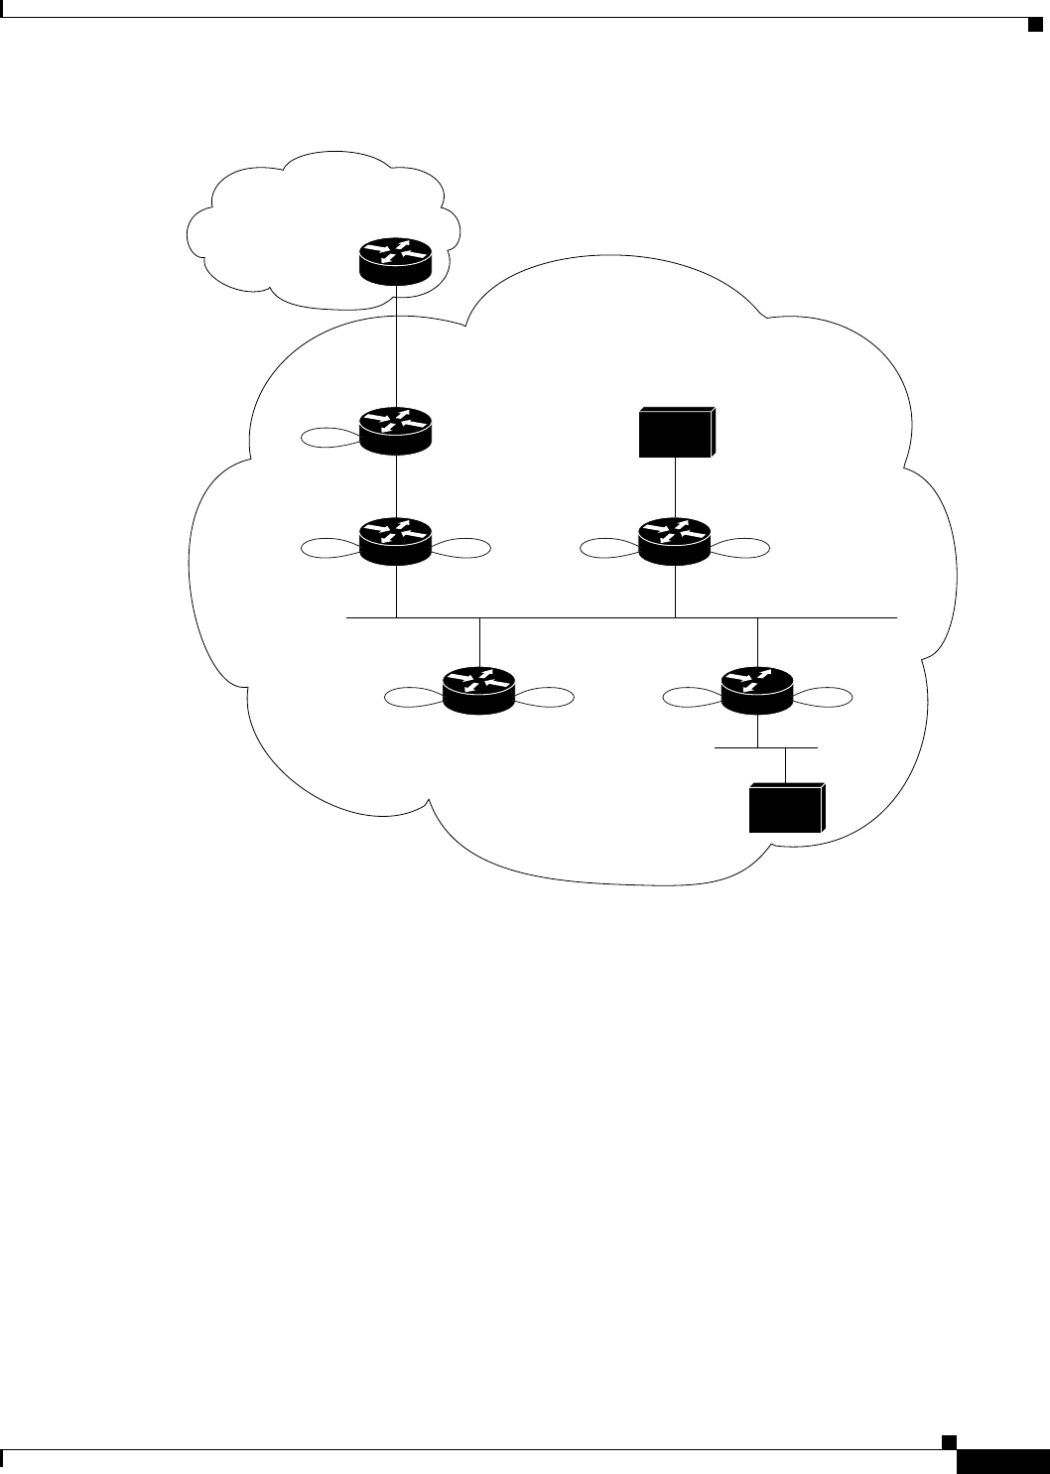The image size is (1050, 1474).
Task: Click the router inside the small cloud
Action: tap(395, 261)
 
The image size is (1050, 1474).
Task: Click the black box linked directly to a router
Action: tap(676, 432)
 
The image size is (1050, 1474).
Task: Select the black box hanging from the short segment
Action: tap(786, 807)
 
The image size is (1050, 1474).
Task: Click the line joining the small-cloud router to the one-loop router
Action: tap(395, 347)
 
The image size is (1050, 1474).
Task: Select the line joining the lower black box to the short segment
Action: tap(786, 764)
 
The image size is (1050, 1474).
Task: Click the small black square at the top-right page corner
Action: tap(1034, 23)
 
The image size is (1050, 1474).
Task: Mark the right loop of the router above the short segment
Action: tap(823, 697)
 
